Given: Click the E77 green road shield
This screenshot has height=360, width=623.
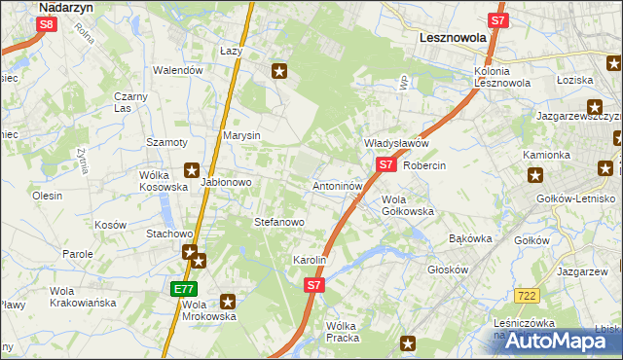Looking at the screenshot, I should click(185, 289).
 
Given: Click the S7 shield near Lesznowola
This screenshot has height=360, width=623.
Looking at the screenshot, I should click(497, 20).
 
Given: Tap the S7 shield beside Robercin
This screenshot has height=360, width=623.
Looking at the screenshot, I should click(385, 164).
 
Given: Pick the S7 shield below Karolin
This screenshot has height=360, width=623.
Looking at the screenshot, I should click(312, 285).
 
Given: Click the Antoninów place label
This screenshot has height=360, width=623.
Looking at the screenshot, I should click(338, 185).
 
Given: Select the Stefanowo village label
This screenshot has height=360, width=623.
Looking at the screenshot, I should click(279, 223).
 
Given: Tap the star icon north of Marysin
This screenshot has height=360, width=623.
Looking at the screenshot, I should click(280, 70).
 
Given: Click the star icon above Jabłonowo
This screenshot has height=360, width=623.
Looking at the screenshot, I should click(191, 168).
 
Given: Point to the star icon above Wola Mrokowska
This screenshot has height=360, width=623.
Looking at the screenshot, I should click(228, 302).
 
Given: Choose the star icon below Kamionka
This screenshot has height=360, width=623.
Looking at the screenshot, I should click(534, 175).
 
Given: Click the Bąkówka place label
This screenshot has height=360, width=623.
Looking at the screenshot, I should click(471, 238).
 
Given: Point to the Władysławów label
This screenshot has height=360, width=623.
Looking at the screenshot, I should click(396, 143).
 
